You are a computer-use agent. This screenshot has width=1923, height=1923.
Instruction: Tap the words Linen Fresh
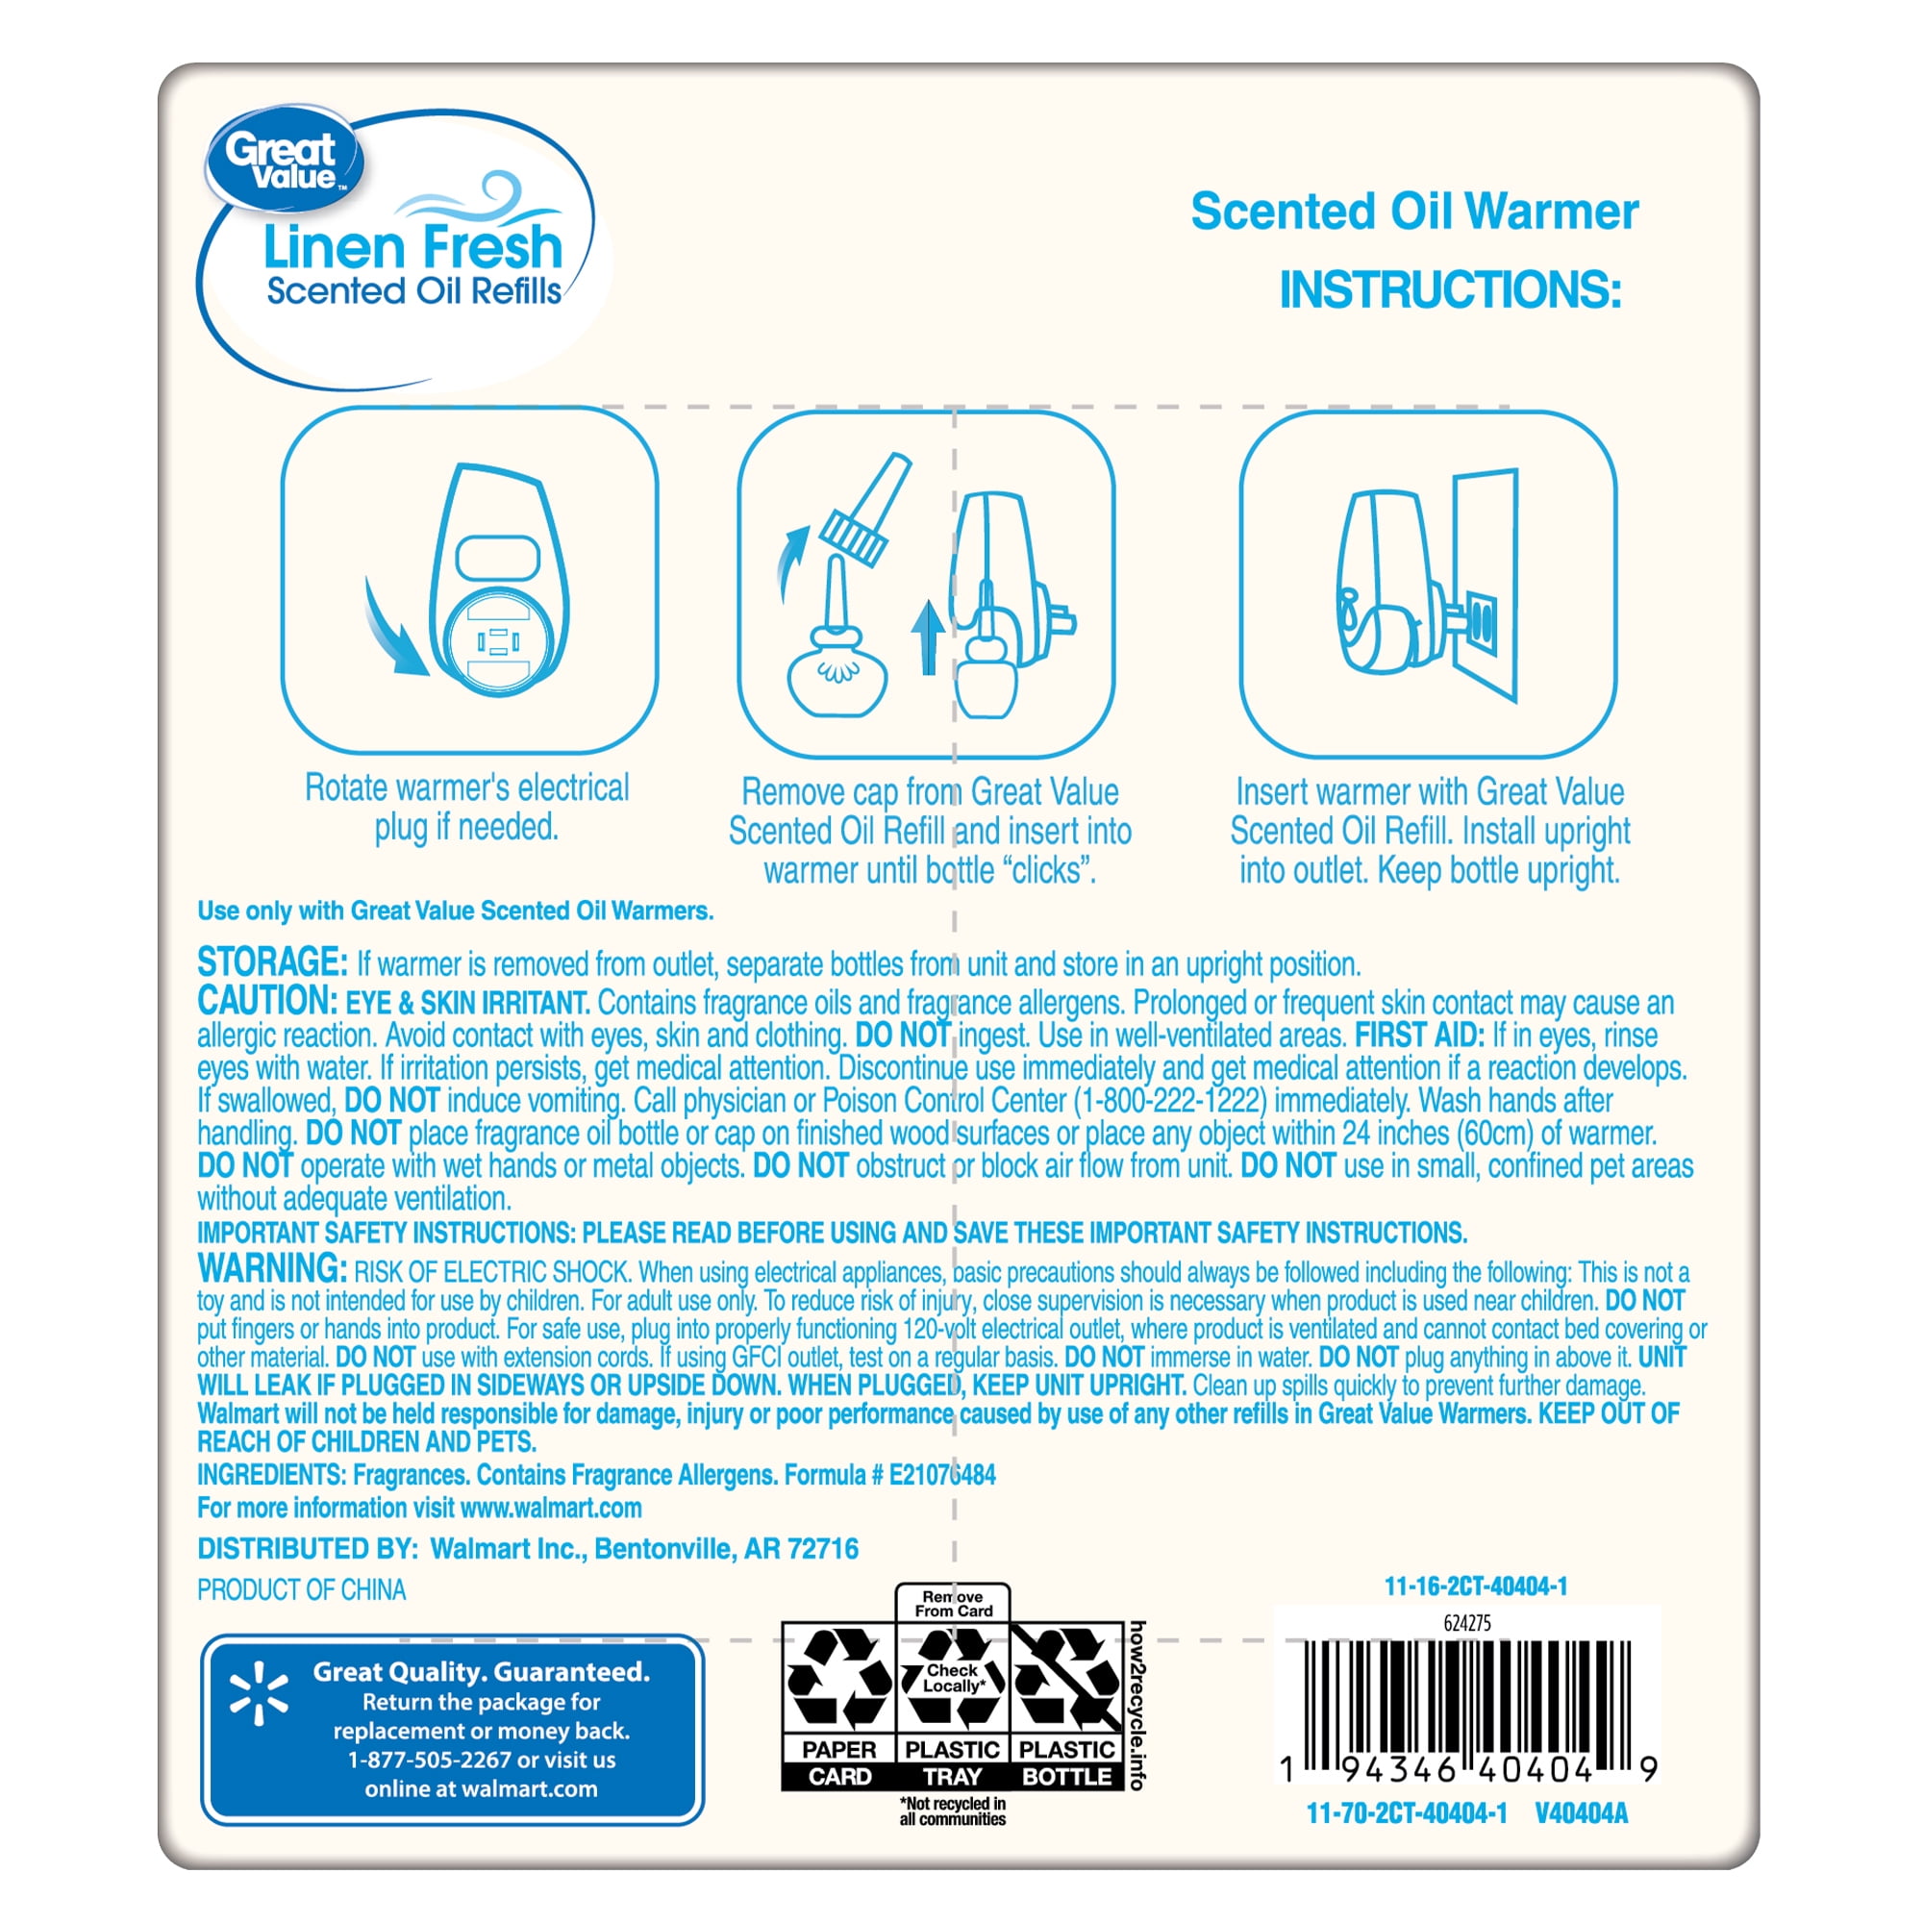click(413, 247)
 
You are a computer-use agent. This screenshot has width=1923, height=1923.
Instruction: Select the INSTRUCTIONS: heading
click(1450, 289)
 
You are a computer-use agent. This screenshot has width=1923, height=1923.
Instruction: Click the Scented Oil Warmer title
click(1414, 211)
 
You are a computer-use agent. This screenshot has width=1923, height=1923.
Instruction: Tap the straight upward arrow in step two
click(928, 637)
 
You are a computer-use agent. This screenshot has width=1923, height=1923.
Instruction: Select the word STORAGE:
click(272, 962)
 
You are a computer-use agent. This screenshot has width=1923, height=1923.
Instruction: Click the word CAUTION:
click(267, 1000)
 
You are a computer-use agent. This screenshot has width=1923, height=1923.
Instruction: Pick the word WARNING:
click(272, 1269)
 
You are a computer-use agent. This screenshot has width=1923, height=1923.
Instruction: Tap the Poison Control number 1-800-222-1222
click(1169, 1100)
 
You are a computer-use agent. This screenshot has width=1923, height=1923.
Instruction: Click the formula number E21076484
click(941, 1474)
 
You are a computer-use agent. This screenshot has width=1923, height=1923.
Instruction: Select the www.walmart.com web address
click(551, 1507)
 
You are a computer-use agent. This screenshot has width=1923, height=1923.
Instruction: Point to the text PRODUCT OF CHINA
click(302, 1589)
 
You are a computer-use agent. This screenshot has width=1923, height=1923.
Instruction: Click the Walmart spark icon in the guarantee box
click(259, 1692)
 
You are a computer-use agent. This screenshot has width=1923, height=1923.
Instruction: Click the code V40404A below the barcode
click(1581, 1813)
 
